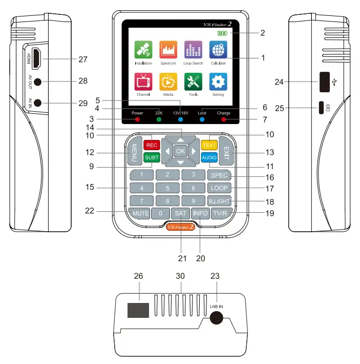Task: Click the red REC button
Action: pyautogui.click(x=151, y=145)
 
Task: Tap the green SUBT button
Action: pyautogui.click(x=151, y=158)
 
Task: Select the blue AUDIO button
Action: pyautogui.click(x=209, y=158)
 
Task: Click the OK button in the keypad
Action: pyautogui.click(x=180, y=151)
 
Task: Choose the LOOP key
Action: pyautogui.click(x=220, y=188)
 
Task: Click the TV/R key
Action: pyautogui.click(x=221, y=213)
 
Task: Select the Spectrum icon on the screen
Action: pyautogui.click(x=168, y=50)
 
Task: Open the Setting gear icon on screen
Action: pyautogui.click(x=218, y=82)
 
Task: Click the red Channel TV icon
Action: pyautogui.click(x=143, y=82)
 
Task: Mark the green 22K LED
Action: pyautogui.click(x=159, y=119)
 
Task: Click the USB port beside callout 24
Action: pyautogui.click(x=324, y=82)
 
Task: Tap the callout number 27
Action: pyautogui.click(x=83, y=59)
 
